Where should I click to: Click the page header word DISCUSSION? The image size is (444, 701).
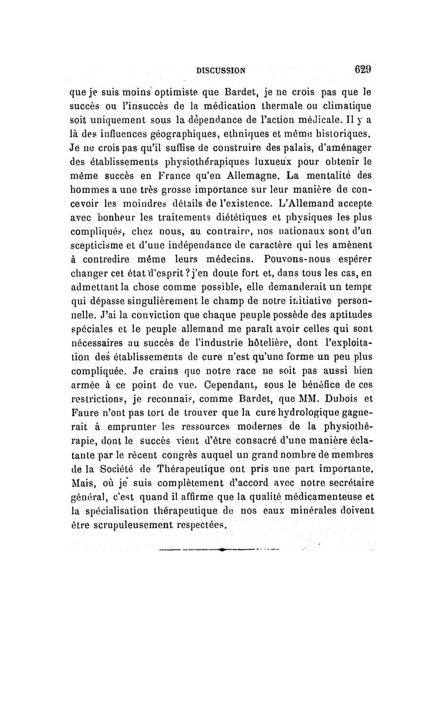(222, 72)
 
